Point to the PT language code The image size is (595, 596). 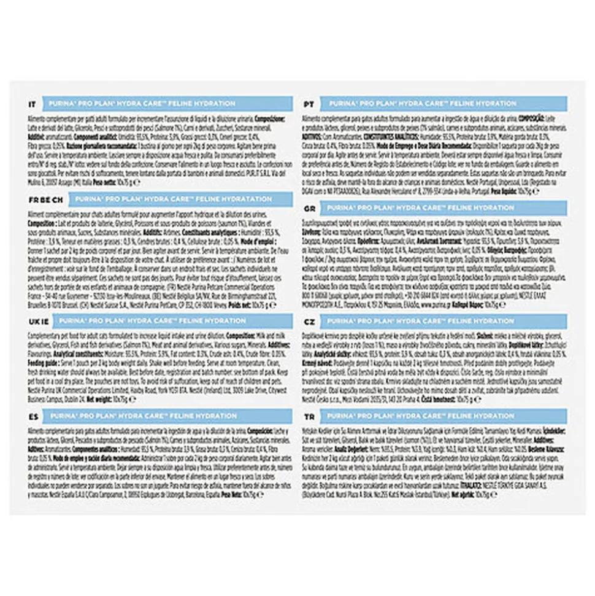coord(310,104)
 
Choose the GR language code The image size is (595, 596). coord(310,209)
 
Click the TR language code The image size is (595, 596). coord(310,417)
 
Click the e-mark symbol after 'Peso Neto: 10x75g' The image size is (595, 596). coord(262,492)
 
